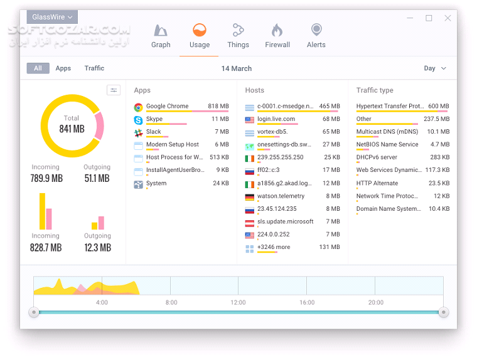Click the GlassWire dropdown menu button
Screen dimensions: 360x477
(x=52, y=18)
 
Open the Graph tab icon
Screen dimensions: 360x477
(x=161, y=31)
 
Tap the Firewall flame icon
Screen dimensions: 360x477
(x=277, y=31)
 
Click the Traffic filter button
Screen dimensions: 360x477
(x=94, y=68)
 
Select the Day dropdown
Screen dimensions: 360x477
(x=435, y=68)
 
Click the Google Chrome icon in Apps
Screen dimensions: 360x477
(x=138, y=107)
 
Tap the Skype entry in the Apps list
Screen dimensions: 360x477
(x=154, y=119)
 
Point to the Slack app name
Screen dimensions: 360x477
(x=154, y=132)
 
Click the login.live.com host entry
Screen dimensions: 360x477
(x=276, y=119)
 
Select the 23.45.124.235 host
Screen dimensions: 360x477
(x=277, y=209)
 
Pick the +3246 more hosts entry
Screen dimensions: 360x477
(x=274, y=247)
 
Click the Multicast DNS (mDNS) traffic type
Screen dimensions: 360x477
(x=387, y=132)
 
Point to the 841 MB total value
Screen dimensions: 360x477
(x=72, y=129)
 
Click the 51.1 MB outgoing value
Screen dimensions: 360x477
(x=97, y=179)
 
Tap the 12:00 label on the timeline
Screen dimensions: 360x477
(x=238, y=302)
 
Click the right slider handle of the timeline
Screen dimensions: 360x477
(x=444, y=312)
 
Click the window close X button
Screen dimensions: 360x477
(x=448, y=18)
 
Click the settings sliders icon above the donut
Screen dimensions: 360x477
(x=114, y=90)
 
